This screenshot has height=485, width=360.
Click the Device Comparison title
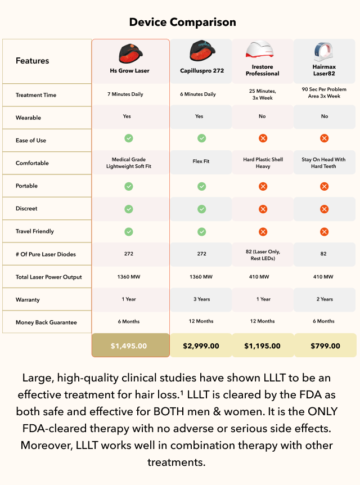[x=182, y=23]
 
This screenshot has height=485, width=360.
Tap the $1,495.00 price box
[x=130, y=345]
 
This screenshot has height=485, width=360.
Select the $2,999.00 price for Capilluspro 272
[x=201, y=345]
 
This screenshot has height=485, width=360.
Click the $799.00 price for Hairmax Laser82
[x=325, y=345]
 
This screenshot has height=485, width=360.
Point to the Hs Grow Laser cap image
[x=130, y=52]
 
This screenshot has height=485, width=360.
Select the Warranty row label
[x=28, y=300]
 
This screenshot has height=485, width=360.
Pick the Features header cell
[x=32, y=61]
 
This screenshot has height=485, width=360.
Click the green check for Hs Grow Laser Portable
[x=129, y=186]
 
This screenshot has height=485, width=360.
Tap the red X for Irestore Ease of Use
[x=262, y=138]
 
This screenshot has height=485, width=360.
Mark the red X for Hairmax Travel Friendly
[x=324, y=231]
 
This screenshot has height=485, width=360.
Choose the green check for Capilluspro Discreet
[x=201, y=209]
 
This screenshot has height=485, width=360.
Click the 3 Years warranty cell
[x=201, y=299]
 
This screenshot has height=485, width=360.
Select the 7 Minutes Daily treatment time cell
[x=125, y=94]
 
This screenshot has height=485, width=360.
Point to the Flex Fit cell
[x=201, y=161]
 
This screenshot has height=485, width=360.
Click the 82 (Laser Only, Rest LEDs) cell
[x=263, y=254]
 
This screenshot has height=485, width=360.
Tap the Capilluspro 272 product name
[x=201, y=71]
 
